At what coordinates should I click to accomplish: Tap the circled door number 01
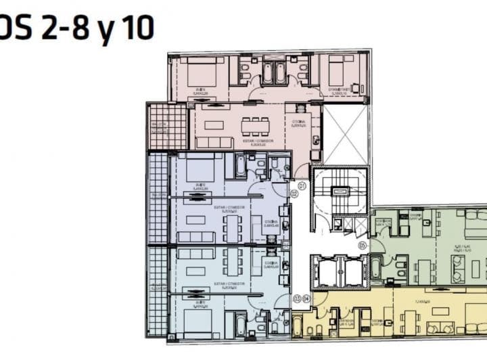click(x=302, y=185)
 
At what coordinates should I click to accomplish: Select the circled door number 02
click(x=294, y=194)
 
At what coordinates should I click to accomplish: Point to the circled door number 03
click(x=297, y=298)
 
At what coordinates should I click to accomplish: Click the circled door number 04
click(x=306, y=298)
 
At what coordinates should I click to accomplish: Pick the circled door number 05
click(x=363, y=245)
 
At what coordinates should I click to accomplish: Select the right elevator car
click(x=353, y=272)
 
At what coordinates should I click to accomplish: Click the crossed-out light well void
click(x=346, y=135)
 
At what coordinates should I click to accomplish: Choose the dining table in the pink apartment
click(x=255, y=126)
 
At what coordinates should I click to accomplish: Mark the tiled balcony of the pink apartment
click(x=166, y=127)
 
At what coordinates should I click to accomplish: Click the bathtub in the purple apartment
click(x=240, y=165)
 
